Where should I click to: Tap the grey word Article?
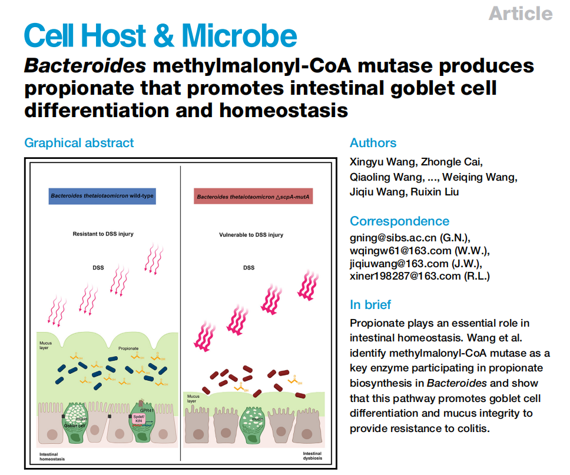521,13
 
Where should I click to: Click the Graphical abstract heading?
79,142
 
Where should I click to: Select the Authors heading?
373,142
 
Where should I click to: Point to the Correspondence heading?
399,221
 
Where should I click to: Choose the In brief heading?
370,304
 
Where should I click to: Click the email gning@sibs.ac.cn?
410,238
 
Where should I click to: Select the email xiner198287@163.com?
419,276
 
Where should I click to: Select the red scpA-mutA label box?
253,196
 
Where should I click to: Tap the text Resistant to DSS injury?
103,234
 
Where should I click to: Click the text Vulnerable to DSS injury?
251,235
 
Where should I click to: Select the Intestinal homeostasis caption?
53,457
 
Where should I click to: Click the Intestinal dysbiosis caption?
312,456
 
